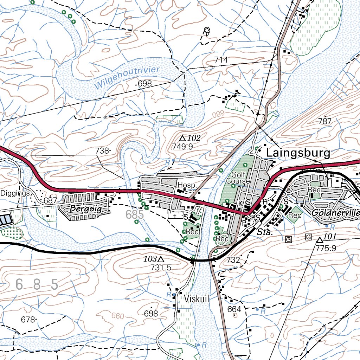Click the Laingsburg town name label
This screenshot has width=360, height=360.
(298, 153)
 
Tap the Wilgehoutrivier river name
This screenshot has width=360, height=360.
(127, 77)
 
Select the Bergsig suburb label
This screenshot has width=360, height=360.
(86, 209)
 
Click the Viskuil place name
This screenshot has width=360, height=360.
(197, 299)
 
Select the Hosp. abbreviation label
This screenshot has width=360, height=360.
(186, 185)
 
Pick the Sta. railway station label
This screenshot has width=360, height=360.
(263, 232)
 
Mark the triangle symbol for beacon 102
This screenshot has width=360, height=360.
(182, 139)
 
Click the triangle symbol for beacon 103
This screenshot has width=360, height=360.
(161, 259)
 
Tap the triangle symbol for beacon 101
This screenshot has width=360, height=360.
(319, 240)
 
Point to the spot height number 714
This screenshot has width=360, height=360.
(221, 60)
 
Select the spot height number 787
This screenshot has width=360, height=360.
(324, 122)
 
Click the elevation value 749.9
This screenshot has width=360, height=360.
(182, 147)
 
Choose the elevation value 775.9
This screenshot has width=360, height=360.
(326, 248)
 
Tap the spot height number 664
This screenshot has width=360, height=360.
(234, 309)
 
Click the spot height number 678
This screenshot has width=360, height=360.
(28, 320)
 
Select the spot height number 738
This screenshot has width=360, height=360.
(102, 150)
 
